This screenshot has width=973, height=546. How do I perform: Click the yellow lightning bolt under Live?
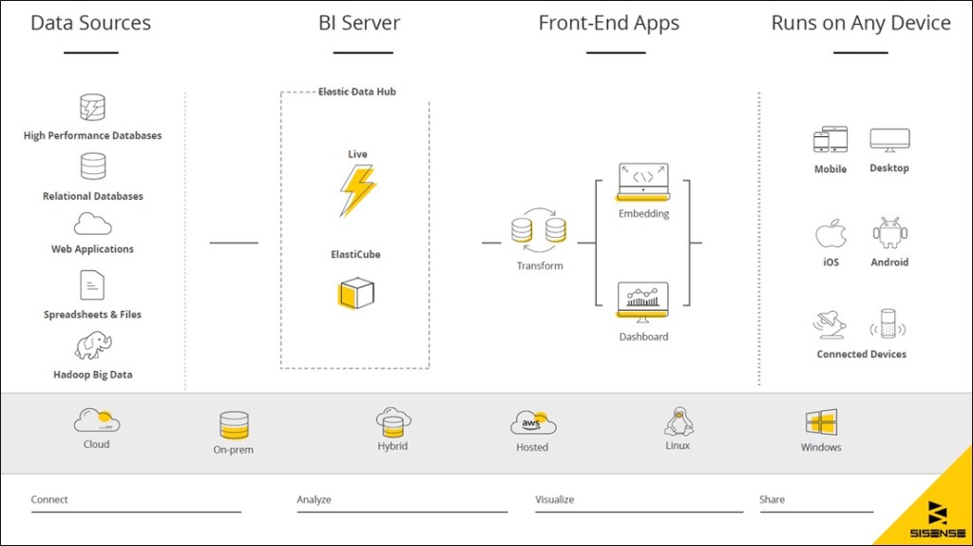point(357,190)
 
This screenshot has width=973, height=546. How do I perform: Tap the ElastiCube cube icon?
point(356,293)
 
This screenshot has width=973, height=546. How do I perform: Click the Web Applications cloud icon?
point(93,224)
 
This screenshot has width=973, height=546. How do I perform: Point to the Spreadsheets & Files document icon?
point(92,284)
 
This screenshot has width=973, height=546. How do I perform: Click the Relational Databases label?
point(93,196)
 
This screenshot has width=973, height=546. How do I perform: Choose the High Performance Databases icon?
point(93,107)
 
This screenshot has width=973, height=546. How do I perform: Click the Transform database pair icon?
point(539,229)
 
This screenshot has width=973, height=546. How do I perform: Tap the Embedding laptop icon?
point(643,182)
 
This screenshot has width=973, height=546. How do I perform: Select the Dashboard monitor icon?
point(643,302)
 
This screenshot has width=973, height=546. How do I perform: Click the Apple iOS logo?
point(830,234)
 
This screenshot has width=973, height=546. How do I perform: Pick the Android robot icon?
point(890,233)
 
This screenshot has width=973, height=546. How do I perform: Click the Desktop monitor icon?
point(889,141)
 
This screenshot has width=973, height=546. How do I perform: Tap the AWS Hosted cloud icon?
point(532,423)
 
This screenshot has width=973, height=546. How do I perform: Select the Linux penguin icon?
point(677,421)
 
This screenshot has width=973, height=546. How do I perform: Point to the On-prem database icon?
point(234,425)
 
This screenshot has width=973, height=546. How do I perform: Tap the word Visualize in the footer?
point(555,499)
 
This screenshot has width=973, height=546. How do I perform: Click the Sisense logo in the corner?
point(936,515)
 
